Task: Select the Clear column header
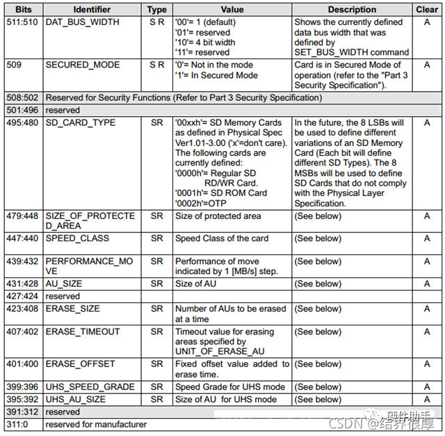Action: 427,10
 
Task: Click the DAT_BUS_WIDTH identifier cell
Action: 82,22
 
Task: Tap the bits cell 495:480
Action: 22,122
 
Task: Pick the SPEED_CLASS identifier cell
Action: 77,239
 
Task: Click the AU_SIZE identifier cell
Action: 63,284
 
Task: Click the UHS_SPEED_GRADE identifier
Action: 89,387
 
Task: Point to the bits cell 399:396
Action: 22,387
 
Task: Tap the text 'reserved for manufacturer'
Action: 96,424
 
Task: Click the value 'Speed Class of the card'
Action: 222,239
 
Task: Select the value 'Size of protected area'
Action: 218,216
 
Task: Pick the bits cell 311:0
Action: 17,424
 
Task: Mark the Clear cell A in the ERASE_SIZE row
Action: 427,309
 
